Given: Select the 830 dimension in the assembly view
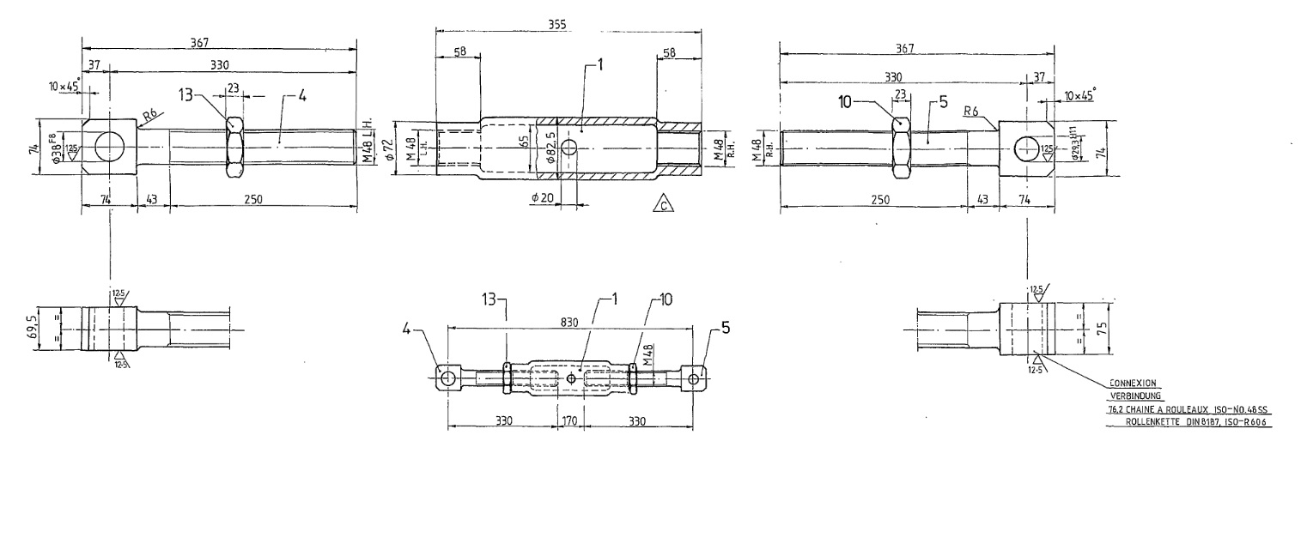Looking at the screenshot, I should [x=569, y=320].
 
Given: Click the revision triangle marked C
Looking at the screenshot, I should [x=662, y=202].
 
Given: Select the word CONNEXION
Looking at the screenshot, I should [x=1134, y=384].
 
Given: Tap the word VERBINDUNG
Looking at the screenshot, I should [x=1135, y=396].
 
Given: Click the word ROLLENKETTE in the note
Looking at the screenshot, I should [x=1153, y=422].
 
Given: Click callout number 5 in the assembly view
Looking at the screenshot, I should [x=726, y=327].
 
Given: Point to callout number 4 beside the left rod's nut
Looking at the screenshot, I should [x=301, y=96].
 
